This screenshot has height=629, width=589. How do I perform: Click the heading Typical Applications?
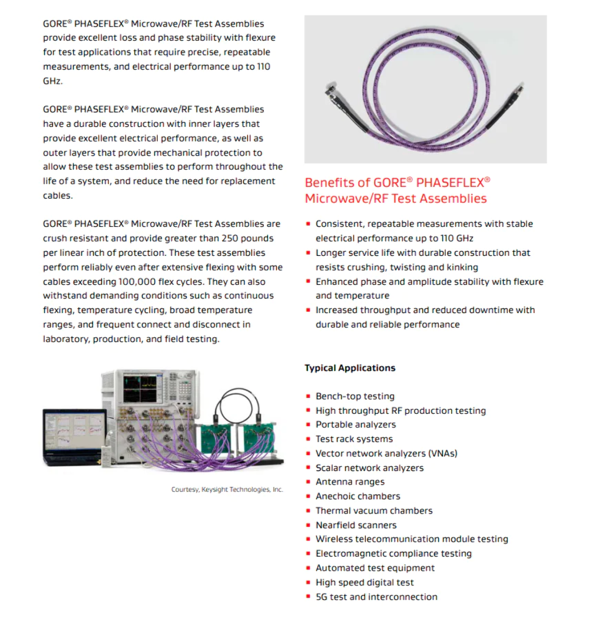click(349, 368)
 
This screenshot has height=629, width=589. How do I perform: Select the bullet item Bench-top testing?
click(355, 396)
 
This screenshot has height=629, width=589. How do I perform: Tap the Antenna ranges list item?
click(350, 482)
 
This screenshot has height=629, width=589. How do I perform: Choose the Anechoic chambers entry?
click(358, 496)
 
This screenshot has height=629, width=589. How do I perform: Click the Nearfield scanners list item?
click(356, 525)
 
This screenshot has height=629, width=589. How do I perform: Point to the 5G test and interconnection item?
click(376, 597)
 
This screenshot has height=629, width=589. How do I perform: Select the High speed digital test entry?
click(365, 582)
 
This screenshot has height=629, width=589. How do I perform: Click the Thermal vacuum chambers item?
click(374, 511)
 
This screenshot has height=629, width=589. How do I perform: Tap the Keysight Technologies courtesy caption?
click(227, 489)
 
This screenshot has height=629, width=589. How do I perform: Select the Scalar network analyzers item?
click(369, 467)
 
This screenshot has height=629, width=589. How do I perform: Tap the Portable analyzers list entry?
click(356, 424)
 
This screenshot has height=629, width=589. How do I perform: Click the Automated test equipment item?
click(375, 568)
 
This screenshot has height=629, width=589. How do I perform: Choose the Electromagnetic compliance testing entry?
click(393, 554)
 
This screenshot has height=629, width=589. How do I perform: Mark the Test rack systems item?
click(354, 439)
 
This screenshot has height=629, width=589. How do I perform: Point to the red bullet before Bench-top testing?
click(308, 396)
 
